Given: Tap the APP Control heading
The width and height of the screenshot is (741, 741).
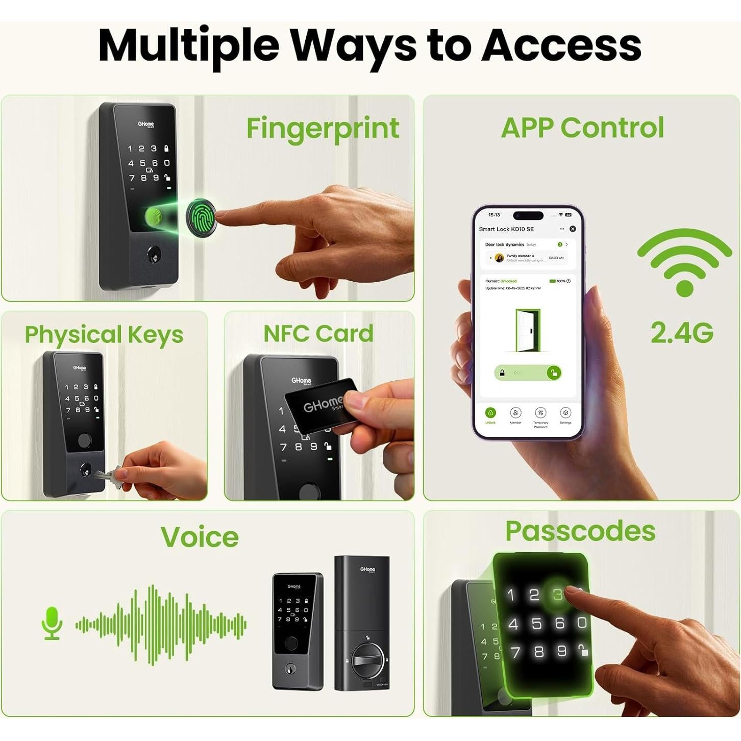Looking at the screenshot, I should (582, 128).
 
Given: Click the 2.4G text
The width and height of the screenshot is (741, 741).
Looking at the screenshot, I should (682, 333).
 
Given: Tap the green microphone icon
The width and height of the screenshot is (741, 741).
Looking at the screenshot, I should (52, 622).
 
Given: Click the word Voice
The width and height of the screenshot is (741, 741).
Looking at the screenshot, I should (200, 537).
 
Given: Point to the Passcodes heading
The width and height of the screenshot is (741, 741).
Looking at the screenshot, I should (580, 531).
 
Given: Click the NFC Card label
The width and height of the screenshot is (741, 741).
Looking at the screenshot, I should (318, 334).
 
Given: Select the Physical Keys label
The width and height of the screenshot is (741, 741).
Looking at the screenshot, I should (104, 335).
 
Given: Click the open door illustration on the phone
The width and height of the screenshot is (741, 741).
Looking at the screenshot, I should (528, 330).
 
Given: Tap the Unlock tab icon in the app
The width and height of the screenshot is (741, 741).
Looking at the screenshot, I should (490, 413).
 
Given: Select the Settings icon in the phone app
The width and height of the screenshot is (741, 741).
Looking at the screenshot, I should (565, 413).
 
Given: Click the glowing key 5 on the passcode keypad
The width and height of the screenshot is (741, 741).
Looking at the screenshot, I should (536, 623).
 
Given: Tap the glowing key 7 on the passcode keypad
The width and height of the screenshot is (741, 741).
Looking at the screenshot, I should (515, 652).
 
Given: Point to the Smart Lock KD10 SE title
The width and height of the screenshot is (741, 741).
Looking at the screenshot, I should (506, 229).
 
